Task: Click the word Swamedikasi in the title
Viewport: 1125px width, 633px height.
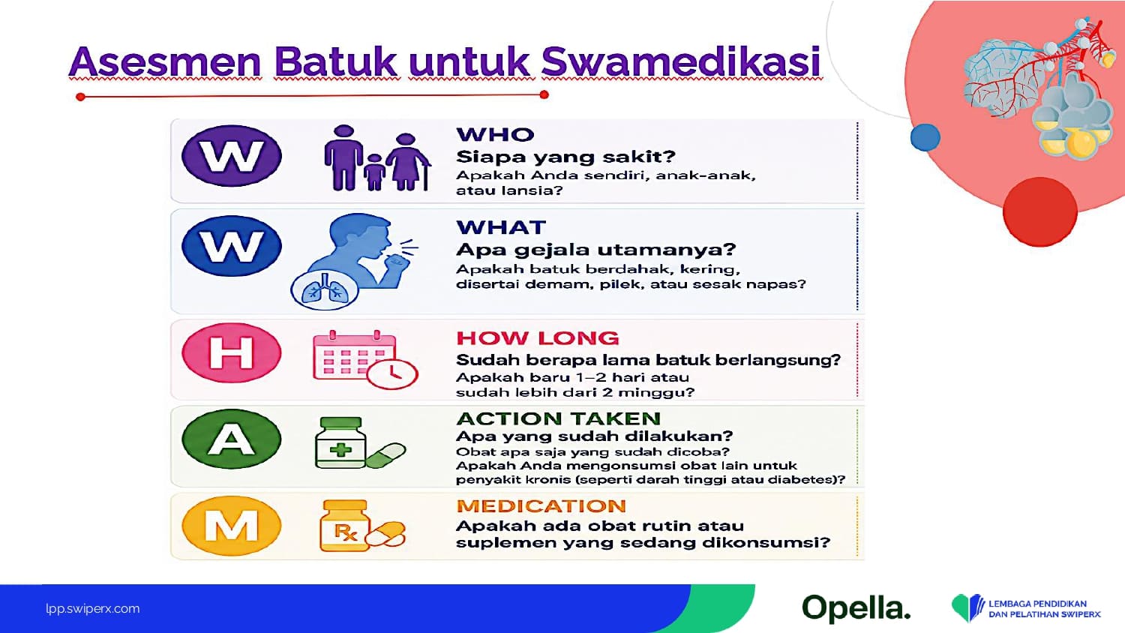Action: pos(682,61)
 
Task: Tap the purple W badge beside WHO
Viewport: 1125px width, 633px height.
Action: pos(232,156)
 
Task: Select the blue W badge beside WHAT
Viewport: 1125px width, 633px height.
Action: pos(232,246)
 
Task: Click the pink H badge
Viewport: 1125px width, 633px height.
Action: pos(232,352)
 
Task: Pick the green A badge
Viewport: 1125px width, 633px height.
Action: pos(232,439)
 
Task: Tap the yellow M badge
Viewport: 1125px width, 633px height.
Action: pos(232,526)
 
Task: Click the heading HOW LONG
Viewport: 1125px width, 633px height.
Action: pos(538,338)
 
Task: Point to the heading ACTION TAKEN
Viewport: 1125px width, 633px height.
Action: pos(559,418)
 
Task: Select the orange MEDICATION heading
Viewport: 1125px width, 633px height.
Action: pos(541,505)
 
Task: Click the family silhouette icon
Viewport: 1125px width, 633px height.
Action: pos(377,158)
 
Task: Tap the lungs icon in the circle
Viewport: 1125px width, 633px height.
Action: pos(325,290)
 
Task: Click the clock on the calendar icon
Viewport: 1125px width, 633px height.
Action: pos(392,373)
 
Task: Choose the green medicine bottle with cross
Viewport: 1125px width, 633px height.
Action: pos(340,443)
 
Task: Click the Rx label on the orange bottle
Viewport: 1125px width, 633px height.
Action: pos(345,532)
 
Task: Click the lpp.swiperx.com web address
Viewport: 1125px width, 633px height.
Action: pos(93,608)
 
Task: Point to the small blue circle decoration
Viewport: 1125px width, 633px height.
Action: pos(925,137)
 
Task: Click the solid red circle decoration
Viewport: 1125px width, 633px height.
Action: pos(1040,212)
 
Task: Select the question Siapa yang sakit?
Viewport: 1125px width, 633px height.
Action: pos(566,157)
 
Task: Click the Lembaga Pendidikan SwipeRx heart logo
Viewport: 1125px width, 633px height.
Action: pos(967,608)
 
